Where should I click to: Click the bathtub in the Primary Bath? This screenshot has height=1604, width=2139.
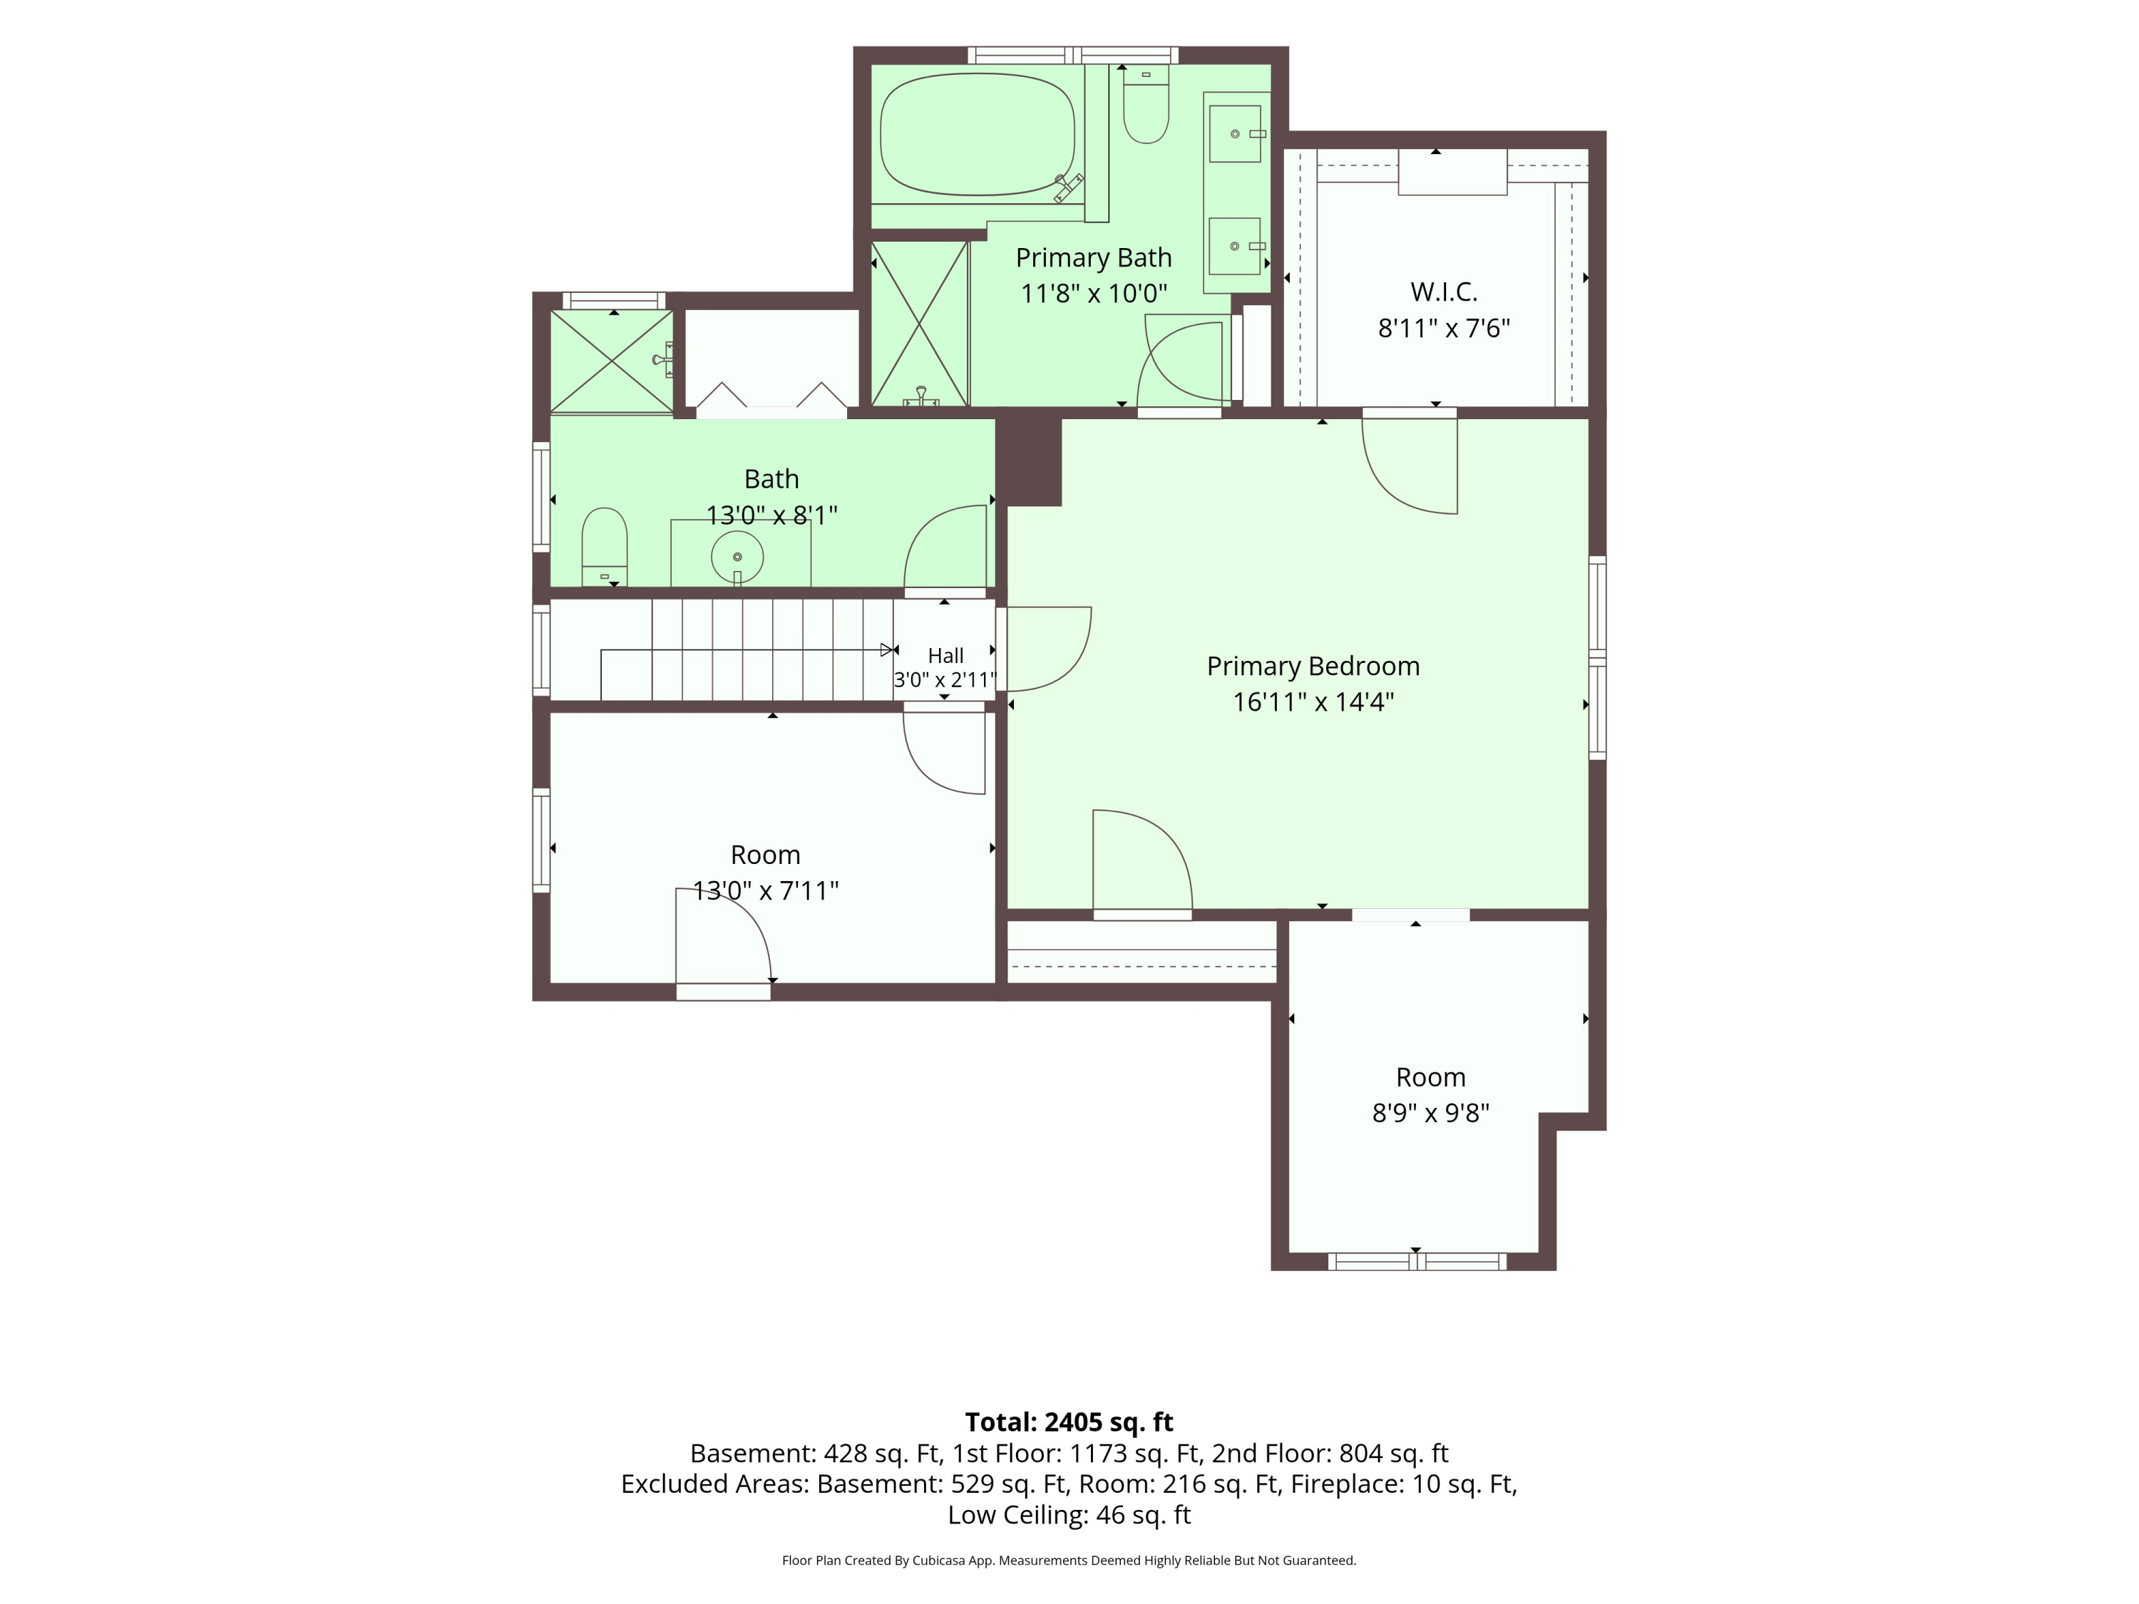(977, 135)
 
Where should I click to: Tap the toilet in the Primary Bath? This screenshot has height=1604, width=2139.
(1146, 104)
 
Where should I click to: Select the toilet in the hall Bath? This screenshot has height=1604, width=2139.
(605, 547)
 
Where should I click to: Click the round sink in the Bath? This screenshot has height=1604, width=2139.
(737, 557)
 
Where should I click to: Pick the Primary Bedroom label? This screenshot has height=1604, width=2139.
(1312, 666)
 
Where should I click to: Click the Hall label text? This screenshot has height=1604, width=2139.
(945, 656)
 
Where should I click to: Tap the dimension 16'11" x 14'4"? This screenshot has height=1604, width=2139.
(1312, 702)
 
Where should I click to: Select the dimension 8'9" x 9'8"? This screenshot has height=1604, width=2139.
(1430, 1113)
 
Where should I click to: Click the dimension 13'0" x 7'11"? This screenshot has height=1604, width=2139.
(765, 890)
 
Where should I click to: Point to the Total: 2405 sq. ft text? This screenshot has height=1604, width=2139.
(1069, 1422)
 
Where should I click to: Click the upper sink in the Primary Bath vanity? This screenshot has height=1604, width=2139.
(1235, 133)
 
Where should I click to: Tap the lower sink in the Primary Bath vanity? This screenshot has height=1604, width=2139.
(1235, 245)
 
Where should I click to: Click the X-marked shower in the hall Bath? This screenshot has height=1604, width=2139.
(611, 361)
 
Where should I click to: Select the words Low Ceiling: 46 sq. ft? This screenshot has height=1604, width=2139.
(1069, 1515)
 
